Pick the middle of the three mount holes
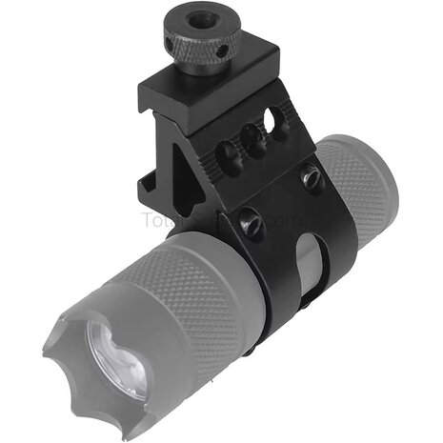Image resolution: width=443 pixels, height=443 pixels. click(254, 138)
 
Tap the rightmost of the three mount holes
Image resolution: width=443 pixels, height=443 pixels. click(277, 122)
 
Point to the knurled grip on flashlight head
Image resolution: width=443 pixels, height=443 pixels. click(191, 305)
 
